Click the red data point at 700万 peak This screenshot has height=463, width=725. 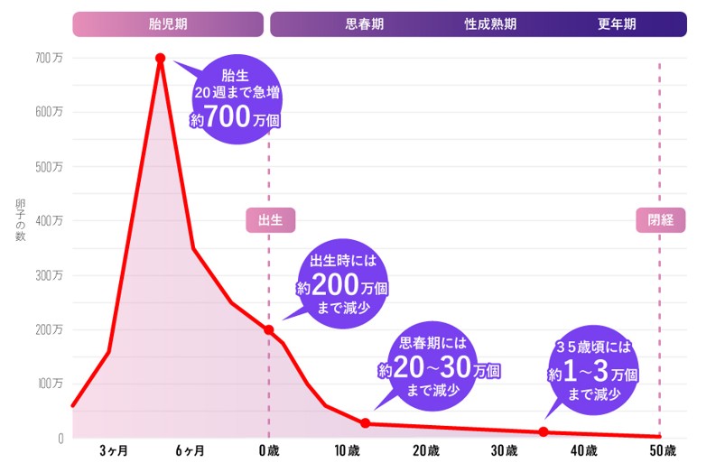[161, 59]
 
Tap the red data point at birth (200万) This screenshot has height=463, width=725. [269, 330]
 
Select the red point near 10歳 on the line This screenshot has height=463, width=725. [366, 423]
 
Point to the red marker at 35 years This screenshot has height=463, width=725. [544, 432]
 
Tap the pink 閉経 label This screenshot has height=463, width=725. [660, 219]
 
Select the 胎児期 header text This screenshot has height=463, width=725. [168, 24]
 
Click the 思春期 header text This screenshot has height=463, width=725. [365, 24]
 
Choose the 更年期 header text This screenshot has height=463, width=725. [617, 24]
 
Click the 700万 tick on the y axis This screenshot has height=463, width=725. [50, 59]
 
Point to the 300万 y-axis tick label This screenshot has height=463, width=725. [50, 276]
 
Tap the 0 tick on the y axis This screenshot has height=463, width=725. [60, 439]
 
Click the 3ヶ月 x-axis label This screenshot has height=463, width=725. [114, 450]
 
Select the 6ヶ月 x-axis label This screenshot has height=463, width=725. [191, 450]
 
